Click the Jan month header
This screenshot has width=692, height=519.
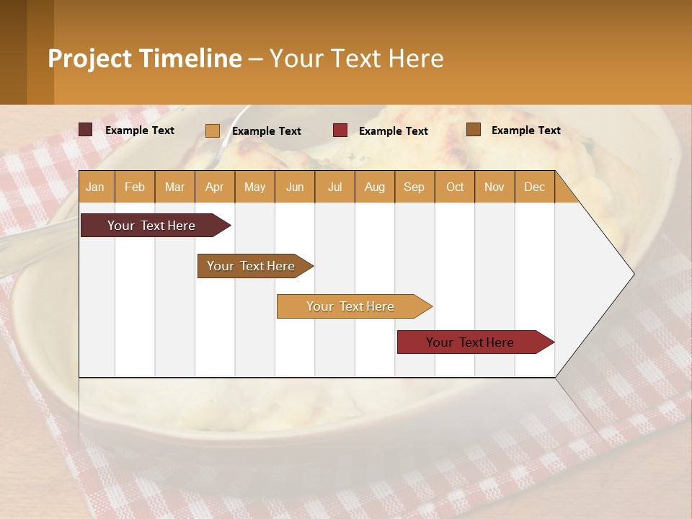(95, 187)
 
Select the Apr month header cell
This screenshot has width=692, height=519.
(214, 187)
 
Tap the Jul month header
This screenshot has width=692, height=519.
(334, 187)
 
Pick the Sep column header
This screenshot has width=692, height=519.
(414, 187)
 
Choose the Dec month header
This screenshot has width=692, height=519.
(534, 187)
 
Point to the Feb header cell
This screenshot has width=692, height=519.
(135, 187)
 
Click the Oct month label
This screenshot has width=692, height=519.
(455, 187)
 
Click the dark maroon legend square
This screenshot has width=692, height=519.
(86, 130)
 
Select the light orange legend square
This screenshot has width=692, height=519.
(213, 130)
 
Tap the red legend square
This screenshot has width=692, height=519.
(340, 130)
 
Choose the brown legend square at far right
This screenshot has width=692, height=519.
(474, 130)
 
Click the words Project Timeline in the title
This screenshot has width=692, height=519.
(144, 58)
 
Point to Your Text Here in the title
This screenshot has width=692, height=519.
(356, 58)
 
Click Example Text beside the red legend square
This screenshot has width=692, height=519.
(394, 131)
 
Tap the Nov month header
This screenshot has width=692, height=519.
(494, 187)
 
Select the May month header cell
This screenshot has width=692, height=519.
(254, 187)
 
